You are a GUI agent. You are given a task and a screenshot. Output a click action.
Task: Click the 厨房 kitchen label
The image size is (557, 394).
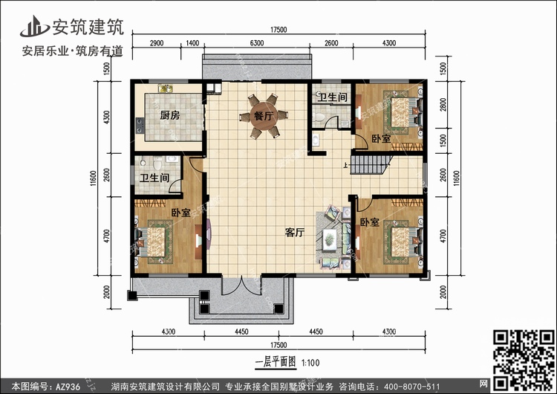click(x=170, y=115)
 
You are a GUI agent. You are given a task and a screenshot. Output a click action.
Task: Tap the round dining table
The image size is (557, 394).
click(x=263, y=116)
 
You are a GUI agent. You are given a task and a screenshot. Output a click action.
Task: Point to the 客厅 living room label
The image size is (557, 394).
click(x=295, y=233)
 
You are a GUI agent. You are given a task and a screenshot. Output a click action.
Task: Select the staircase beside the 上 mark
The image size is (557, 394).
click(x=370, y=164)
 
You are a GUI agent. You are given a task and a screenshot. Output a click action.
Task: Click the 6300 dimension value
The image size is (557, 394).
click(x=257, y=43)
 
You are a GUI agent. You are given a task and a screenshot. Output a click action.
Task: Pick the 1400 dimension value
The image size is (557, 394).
click(x=192, y=43)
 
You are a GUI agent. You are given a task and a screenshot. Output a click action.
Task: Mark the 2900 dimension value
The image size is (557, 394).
click(x=156, y=43)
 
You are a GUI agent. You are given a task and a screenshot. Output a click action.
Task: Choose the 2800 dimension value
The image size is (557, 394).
click(x=443, y=105)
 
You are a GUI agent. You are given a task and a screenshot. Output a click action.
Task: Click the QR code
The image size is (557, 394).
click(x=524, y=360)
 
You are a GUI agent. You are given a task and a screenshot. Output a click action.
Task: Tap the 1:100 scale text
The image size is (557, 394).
click(x=310, y=363)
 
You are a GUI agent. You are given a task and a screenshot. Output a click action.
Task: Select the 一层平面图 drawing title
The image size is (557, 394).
click(x=276, y=362)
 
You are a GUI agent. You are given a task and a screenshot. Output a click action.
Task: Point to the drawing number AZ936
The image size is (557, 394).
click(x=68, y=387)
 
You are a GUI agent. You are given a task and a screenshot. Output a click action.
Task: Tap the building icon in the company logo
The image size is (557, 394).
click(x=34, y=26)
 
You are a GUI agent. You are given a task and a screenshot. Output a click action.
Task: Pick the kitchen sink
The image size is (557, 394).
click(x=165, y=88)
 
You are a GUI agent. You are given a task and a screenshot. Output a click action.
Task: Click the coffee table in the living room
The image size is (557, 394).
click(x=330, y=237)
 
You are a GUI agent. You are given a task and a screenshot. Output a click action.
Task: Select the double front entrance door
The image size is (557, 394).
click(x=241, y=285)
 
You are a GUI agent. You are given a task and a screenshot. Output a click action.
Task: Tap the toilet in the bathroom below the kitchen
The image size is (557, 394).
click(x=157, y=164)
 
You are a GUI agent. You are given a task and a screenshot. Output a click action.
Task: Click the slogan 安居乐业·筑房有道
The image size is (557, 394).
click(x=73, y=51)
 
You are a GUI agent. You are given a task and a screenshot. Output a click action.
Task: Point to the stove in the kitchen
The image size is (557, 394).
click(x=140, y=125)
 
